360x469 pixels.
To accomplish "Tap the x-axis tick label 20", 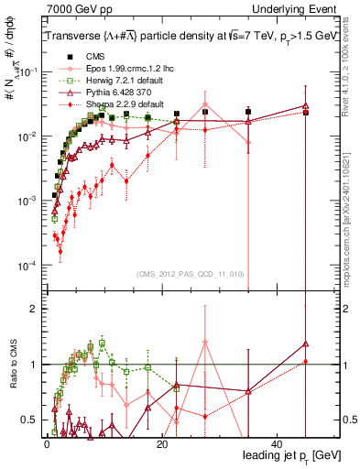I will click(x=162, y=442).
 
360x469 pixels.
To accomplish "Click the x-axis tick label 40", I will click(x=278, y=442).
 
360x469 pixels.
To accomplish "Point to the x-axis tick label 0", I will click(x=47, y=442).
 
